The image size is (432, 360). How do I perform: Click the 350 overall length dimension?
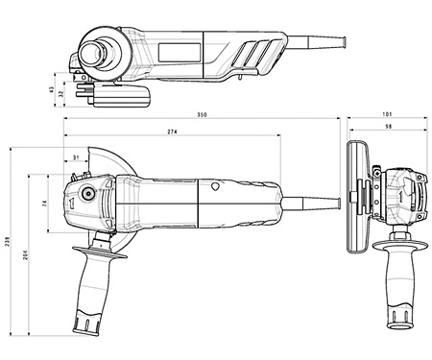(x=201, y=115)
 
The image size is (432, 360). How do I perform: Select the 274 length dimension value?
(x=171, y=131)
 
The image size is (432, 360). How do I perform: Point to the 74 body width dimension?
(x=45, y=204)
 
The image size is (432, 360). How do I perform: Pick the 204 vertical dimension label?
(x=25, y=253)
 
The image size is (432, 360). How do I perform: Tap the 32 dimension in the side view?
(x=62, y=95)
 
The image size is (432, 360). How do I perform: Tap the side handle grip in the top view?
(x=96, y=293)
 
